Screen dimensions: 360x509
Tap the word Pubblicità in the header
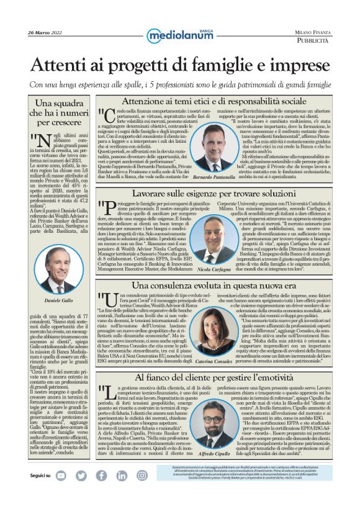point(313,40)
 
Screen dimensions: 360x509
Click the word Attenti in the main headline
point(61,64)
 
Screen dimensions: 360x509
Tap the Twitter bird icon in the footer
point(81,492)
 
